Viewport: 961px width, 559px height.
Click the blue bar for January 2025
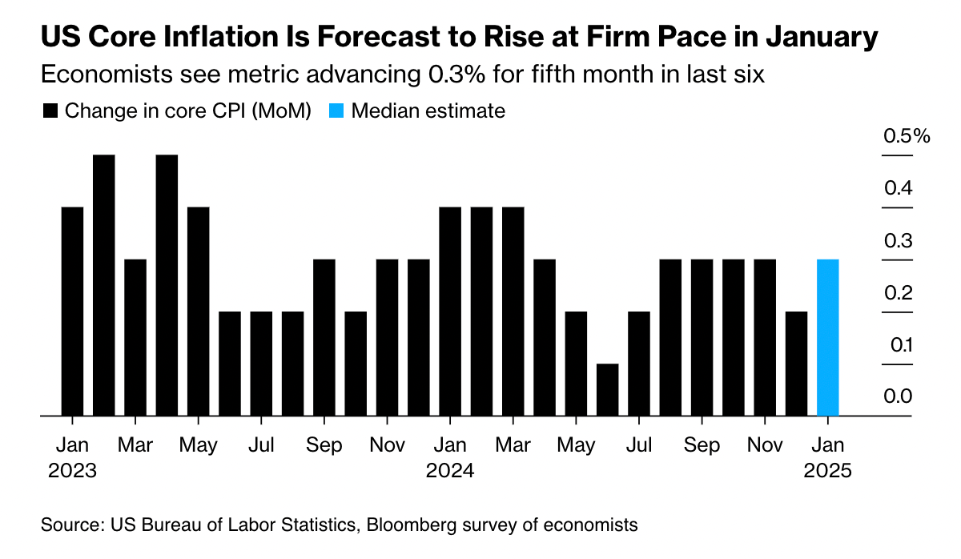(x=827, y=338)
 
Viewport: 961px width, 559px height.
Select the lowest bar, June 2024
(x=607, y=390)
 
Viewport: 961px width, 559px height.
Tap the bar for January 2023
(x=72, y=312)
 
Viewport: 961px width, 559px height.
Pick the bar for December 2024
(x=796, y=364)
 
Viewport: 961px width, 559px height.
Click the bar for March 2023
(x=135, y=338)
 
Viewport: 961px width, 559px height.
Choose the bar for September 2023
(x=324, y=338)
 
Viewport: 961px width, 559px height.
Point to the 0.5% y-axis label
(x=907, y=136)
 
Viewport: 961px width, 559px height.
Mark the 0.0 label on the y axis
(x=898, y=397)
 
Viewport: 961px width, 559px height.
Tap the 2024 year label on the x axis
(x=450, y=470)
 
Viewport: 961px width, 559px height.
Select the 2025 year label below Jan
(x=827, y=470)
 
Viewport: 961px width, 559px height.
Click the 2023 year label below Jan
(x=72, y=470)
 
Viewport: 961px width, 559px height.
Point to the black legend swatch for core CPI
(x=50, y=111)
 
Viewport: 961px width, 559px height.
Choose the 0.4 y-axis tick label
(x=898, y=189)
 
